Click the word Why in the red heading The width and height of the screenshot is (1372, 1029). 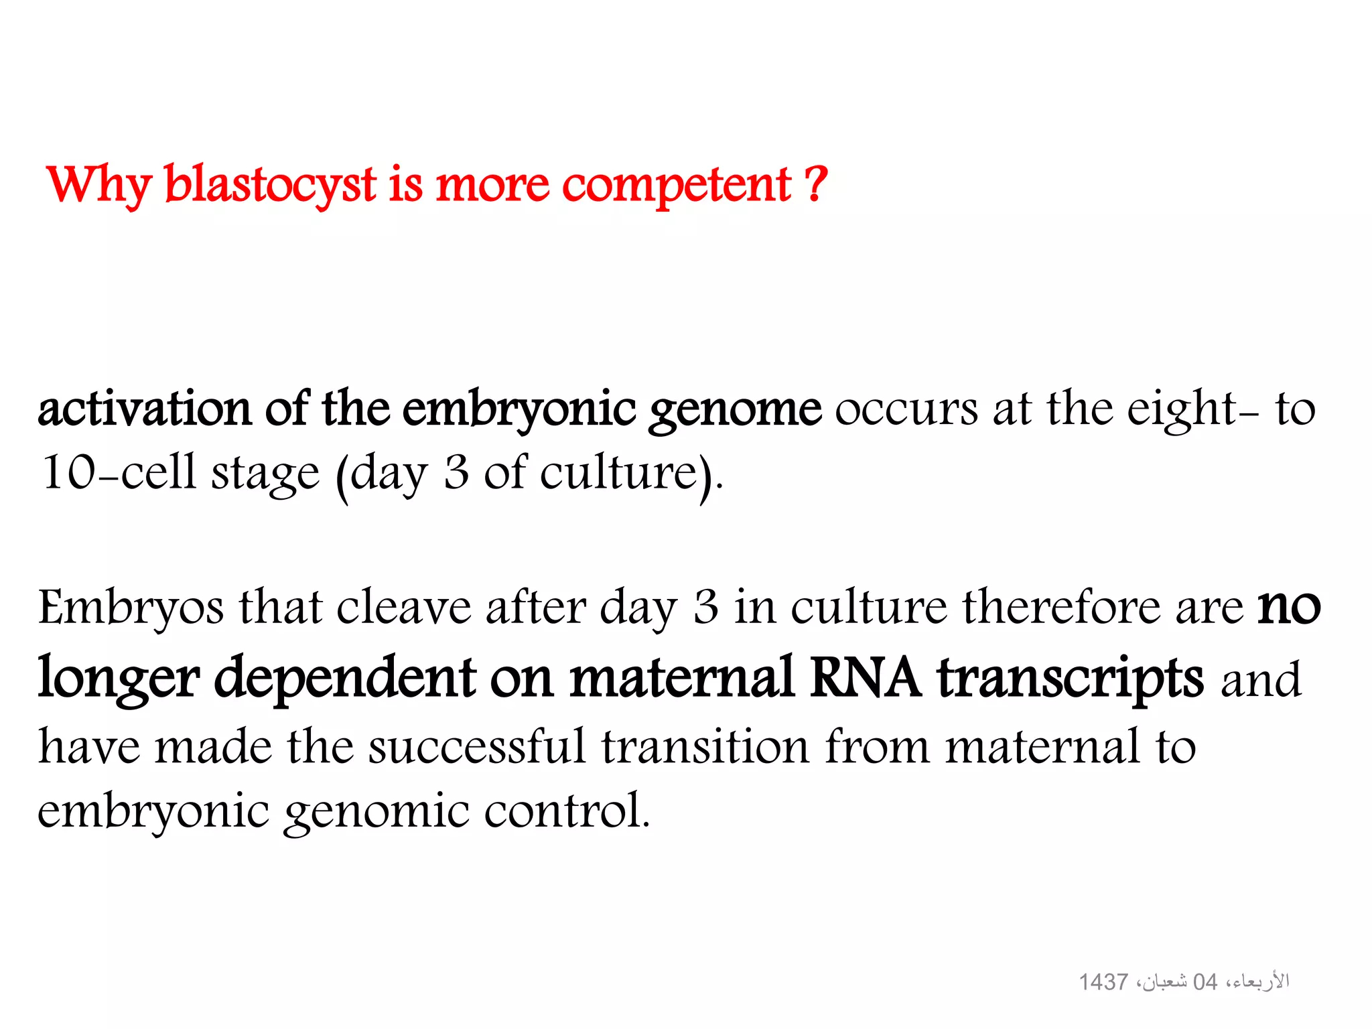[x=99, y=185]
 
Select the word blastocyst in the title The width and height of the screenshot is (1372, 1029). [x=270, y=185]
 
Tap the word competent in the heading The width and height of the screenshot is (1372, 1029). [x=677, y=185]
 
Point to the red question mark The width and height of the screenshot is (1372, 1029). [x=815, y=184]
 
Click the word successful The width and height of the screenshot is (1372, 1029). [x=477, y=746]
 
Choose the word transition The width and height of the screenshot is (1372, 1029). [x=705, y=746]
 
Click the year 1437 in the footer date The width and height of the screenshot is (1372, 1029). [x=1103, y=982]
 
